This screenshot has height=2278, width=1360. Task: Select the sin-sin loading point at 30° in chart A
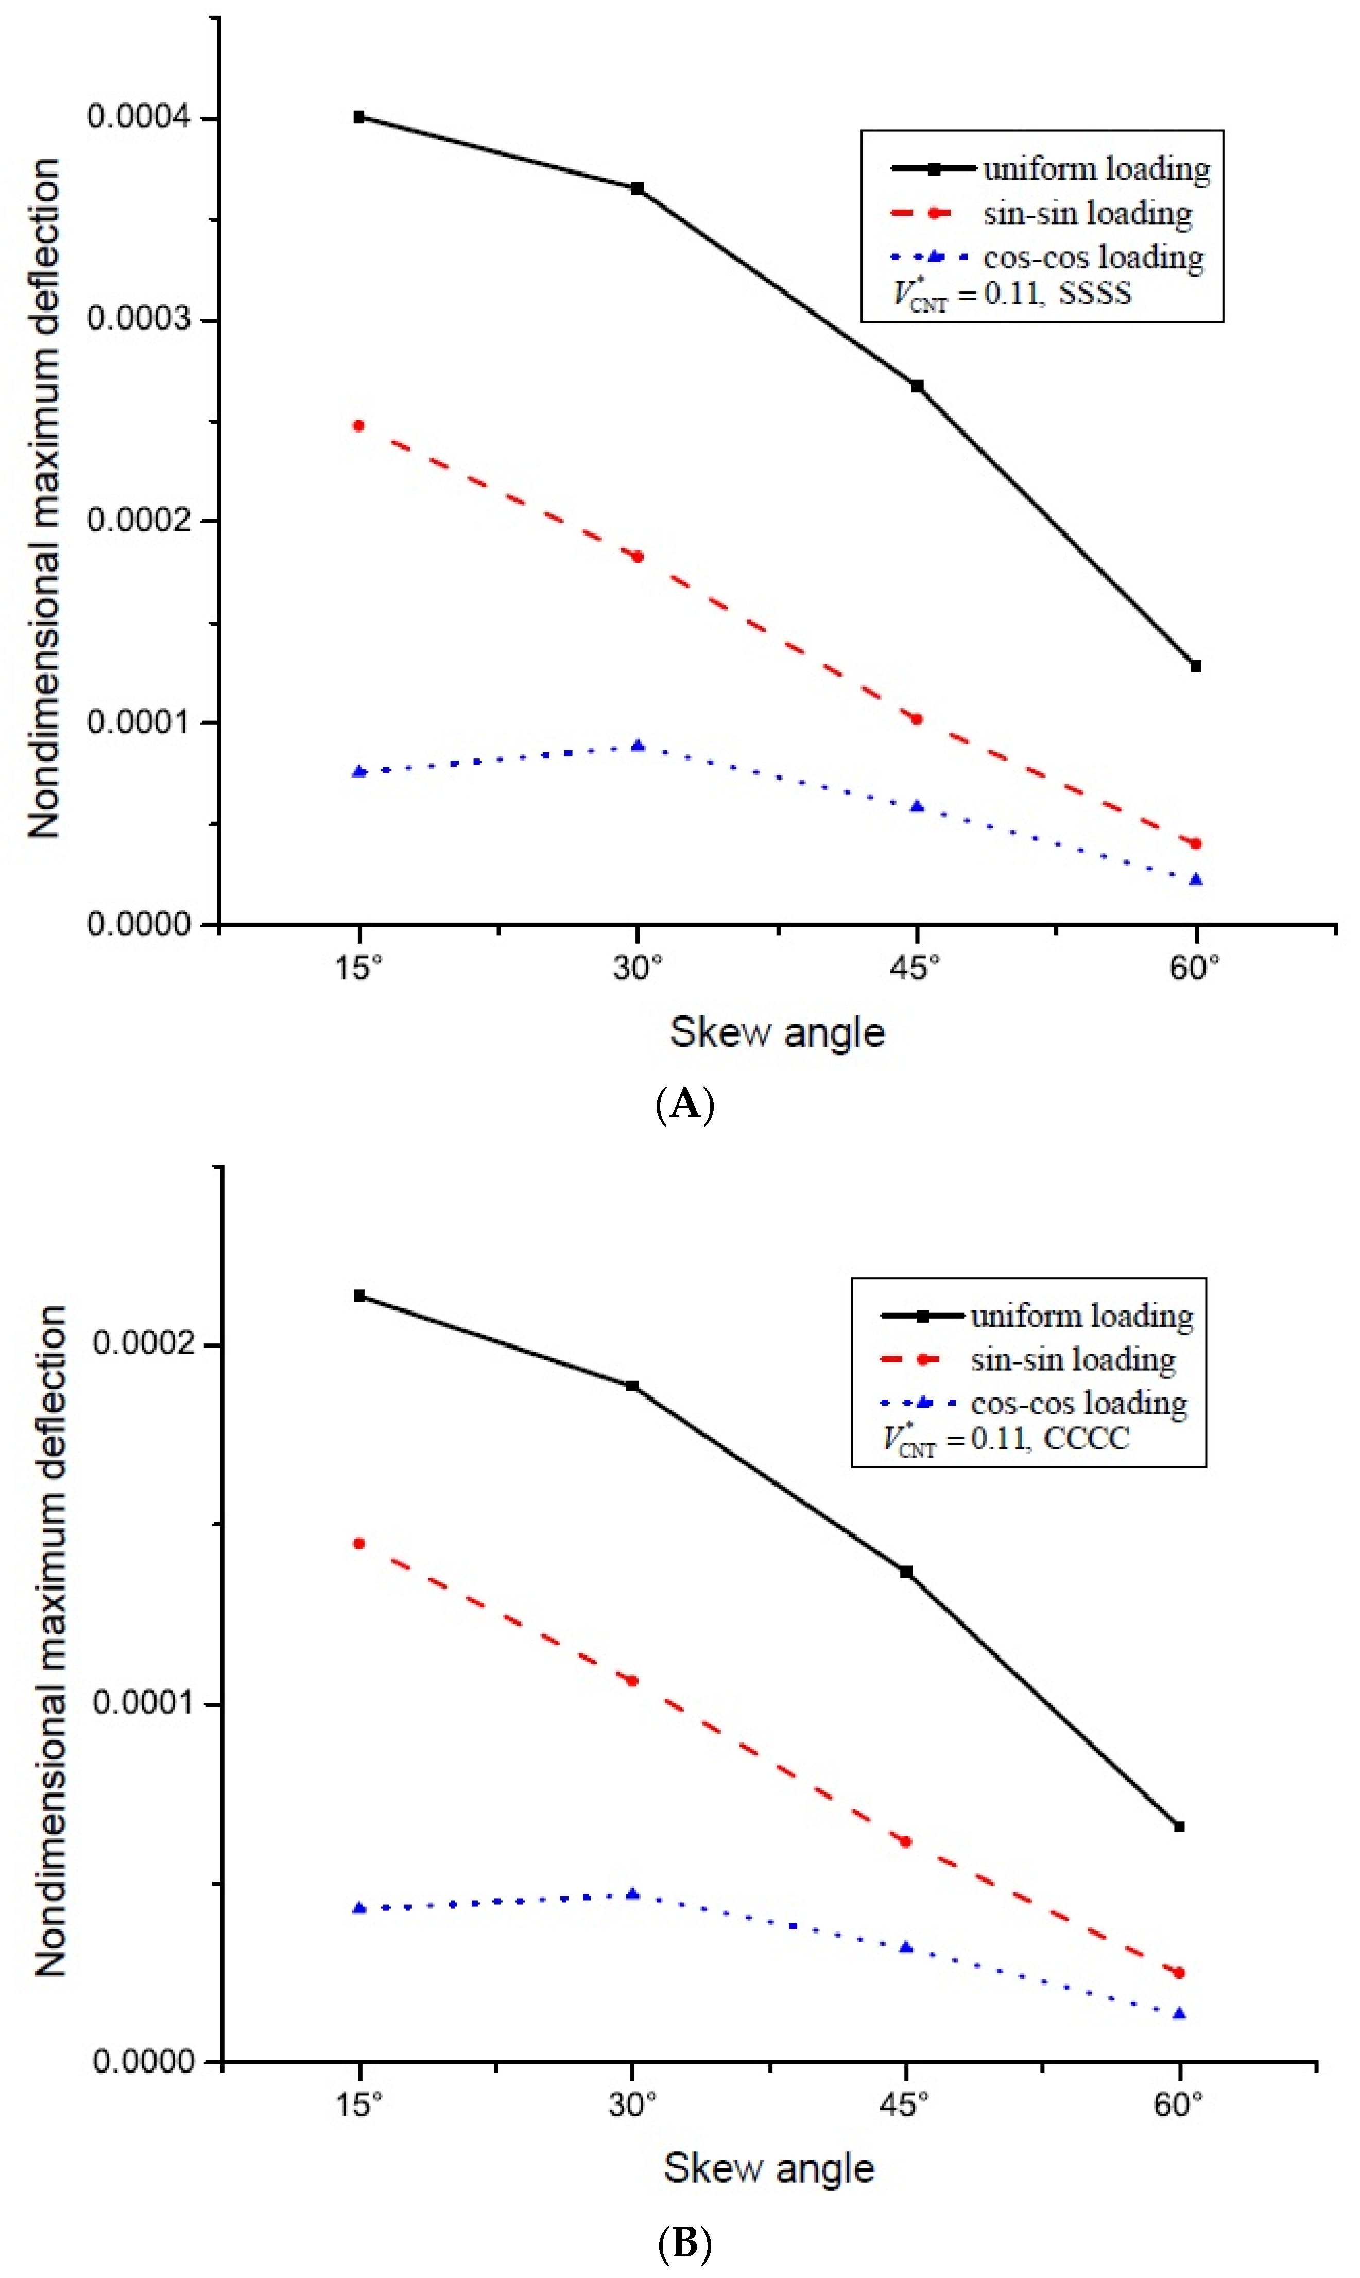click(x=638, y=556)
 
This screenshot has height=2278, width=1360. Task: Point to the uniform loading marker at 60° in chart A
click(x=1195, y=666)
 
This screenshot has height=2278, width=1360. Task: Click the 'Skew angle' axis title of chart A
click(x=777, y=1033)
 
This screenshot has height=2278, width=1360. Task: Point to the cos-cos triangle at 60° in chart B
click(x=1179, y=2014)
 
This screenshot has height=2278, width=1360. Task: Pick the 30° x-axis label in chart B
click(x=632, y=2106)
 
